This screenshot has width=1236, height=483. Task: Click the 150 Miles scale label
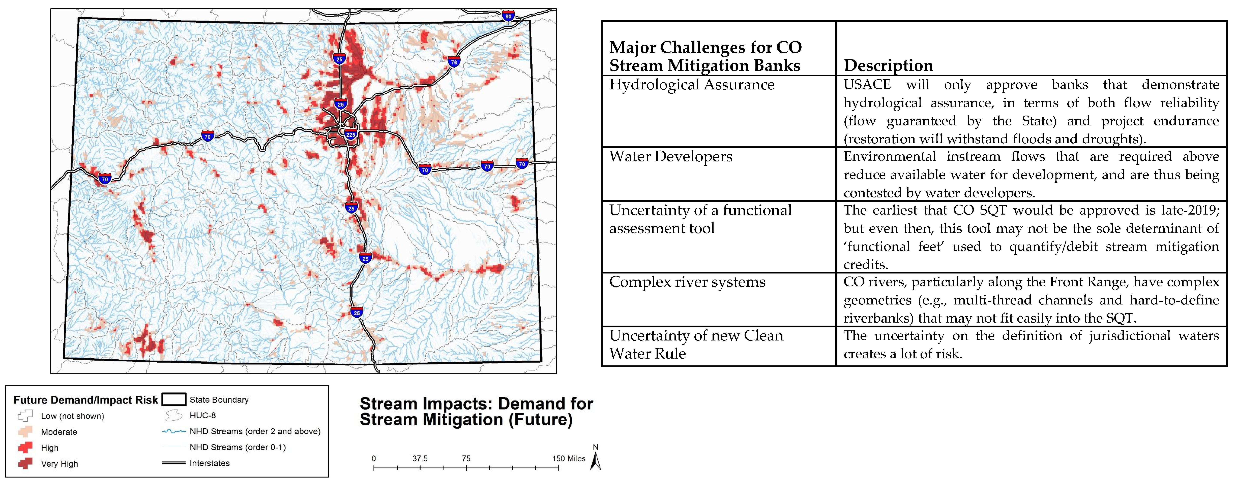(569, 459)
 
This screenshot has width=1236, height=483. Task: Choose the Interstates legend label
(210, 463)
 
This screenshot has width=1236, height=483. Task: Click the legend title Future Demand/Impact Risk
(86, 400)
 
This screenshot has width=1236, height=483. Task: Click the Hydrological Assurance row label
(691, 85)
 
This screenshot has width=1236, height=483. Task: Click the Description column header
(888, 65)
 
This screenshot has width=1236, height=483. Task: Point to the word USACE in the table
(867, 85)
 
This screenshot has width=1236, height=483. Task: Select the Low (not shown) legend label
(72, 416)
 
